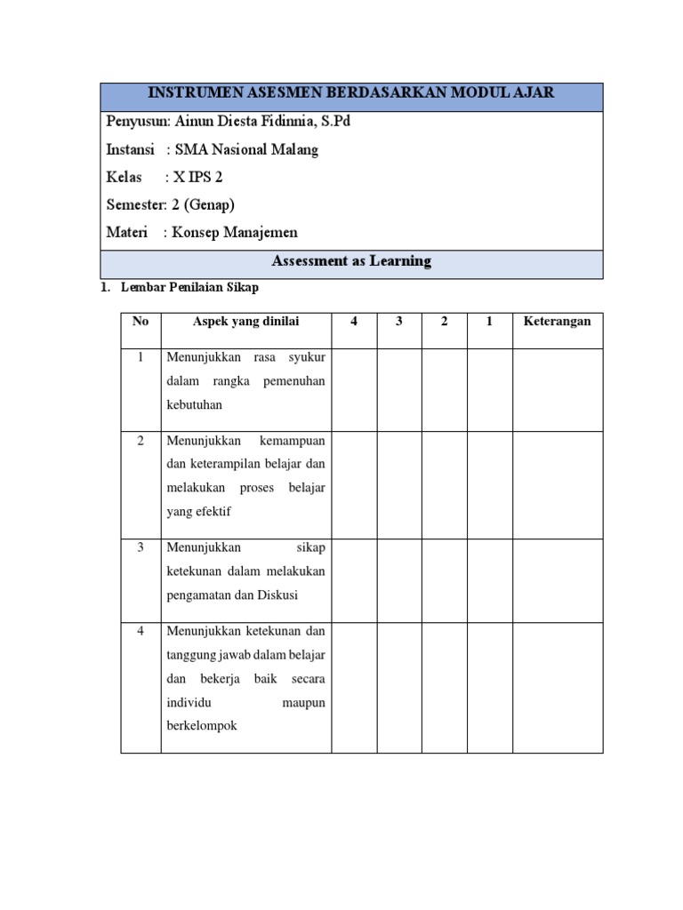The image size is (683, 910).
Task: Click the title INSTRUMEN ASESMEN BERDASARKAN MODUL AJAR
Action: tap(351, 93)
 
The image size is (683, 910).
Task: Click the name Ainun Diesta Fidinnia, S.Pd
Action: tap(258, 121)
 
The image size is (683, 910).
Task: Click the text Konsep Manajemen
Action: tap(235, 233)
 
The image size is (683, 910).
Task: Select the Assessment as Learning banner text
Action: tap(351, 261)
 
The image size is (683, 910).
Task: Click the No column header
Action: tap(141, 322)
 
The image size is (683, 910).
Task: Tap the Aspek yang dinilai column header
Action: tap(246, 322)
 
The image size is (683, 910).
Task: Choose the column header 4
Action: tap(354, 322)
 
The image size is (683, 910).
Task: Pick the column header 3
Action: tap(399, 322)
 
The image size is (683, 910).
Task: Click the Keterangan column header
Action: tap(558, 322)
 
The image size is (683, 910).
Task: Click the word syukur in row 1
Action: tap(307, 357)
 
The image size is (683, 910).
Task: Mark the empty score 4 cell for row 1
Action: tap(354, 389)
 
